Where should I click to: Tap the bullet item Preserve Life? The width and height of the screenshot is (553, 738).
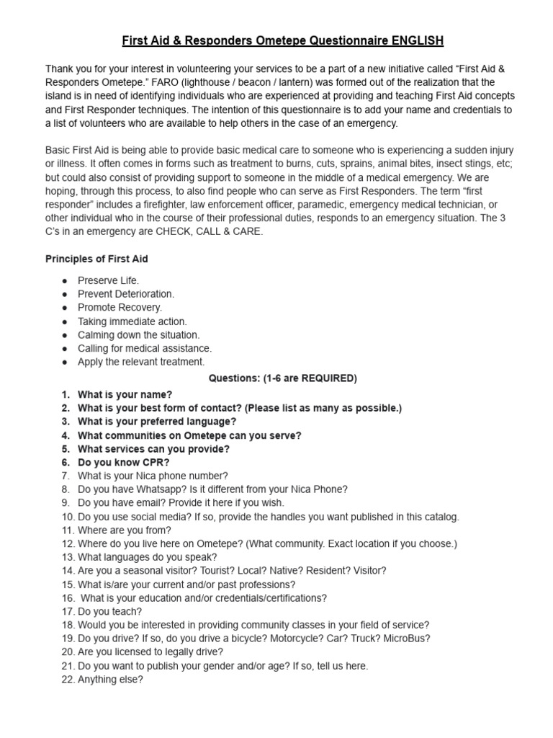click(108, 280)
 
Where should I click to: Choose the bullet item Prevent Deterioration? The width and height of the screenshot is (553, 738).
click(126, 294)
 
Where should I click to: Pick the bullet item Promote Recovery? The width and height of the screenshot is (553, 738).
click(120, 308)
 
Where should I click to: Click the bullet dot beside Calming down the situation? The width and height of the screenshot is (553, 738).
click(65, 335)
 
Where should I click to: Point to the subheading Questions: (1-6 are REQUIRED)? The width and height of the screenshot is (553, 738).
click(282, 378)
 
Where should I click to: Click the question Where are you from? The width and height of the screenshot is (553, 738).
click(124, 530)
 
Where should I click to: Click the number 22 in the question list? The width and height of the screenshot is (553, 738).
click(68, 679)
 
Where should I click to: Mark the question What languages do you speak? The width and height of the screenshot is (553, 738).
click(147, 557)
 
